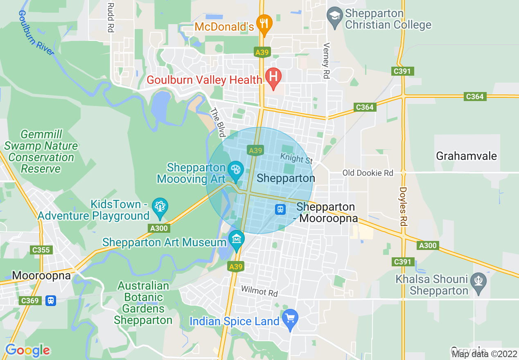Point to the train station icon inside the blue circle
[x=280, y=209]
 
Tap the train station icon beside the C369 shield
[x=50, y=301]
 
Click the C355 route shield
[x=41, y=250]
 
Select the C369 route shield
[x=30, y=301]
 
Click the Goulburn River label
[x=36, y=33]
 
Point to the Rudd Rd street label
[x=110, y=17]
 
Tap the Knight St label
[x=297, y=158]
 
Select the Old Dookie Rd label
[x=368, y=173]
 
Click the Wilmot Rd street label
[x=259, y=292]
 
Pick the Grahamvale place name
[x=466, y=156]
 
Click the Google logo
[x=27, y=350]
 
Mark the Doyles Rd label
[x=404, y=207]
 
